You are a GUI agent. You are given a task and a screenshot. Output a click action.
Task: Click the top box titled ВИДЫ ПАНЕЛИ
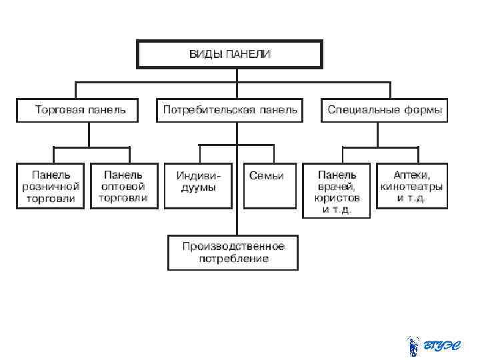pyautogui.click(x=229, y=53)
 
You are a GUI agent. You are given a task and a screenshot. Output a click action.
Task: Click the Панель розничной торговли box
pyautogui.click(x=51, y=186)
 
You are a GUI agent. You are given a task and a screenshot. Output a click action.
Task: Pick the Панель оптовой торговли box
pyautogui.click(x=124, y=186)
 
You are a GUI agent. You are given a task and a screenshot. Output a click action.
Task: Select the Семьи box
pyautogui.click(x=267, y=185)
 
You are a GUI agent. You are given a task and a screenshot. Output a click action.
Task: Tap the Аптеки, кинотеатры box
pyautogui.click(x=411, y=186)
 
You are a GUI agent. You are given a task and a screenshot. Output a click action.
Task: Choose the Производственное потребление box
pyautogui.click(x=233, y=252)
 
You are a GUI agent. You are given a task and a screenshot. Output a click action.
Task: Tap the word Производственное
pyautogui.click(x=234, y=246)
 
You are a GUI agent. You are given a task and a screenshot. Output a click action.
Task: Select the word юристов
pyautogui.click(x=337, y=198)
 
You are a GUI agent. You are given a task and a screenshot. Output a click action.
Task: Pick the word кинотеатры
pyautogui.click(x=411, y=187)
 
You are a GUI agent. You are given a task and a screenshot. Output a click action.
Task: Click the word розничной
pyautogui.click(x=51, y=187)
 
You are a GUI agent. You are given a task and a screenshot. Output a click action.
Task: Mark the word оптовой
pyautogui.click(x=123, y=187)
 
